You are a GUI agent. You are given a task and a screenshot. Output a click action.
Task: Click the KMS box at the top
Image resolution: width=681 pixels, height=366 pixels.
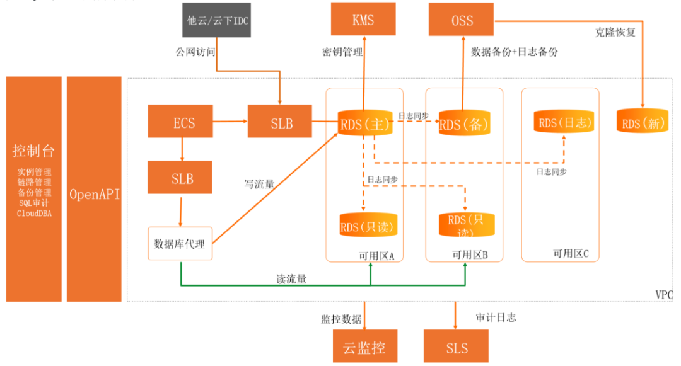click(363, 20)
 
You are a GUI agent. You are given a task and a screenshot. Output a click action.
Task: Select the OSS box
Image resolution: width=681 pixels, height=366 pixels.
click(462, 20)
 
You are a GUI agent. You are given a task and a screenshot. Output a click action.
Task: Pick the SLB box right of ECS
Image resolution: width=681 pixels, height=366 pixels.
click(280, 122)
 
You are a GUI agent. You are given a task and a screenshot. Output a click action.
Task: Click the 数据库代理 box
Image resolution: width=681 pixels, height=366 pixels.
click(180, 243)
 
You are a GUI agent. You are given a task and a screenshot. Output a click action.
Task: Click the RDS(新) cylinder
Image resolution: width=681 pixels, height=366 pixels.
click(643, 122)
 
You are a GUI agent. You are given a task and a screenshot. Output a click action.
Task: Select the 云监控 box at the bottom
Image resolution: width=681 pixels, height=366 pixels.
click(364, 347)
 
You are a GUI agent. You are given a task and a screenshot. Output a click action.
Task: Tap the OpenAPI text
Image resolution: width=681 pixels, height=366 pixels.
click(95, 193)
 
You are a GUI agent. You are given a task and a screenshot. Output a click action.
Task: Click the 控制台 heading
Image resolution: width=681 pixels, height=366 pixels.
click(34, 151)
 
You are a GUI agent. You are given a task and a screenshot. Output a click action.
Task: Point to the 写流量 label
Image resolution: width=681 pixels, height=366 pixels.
click(259, 185)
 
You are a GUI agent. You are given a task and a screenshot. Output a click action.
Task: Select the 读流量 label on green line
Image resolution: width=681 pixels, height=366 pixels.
click(292, 278)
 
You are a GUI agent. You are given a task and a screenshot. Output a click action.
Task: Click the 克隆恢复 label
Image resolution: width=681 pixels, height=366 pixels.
click(616, 31)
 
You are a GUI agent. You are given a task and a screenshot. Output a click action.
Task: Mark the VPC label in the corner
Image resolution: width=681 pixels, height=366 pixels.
click(664, 294)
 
